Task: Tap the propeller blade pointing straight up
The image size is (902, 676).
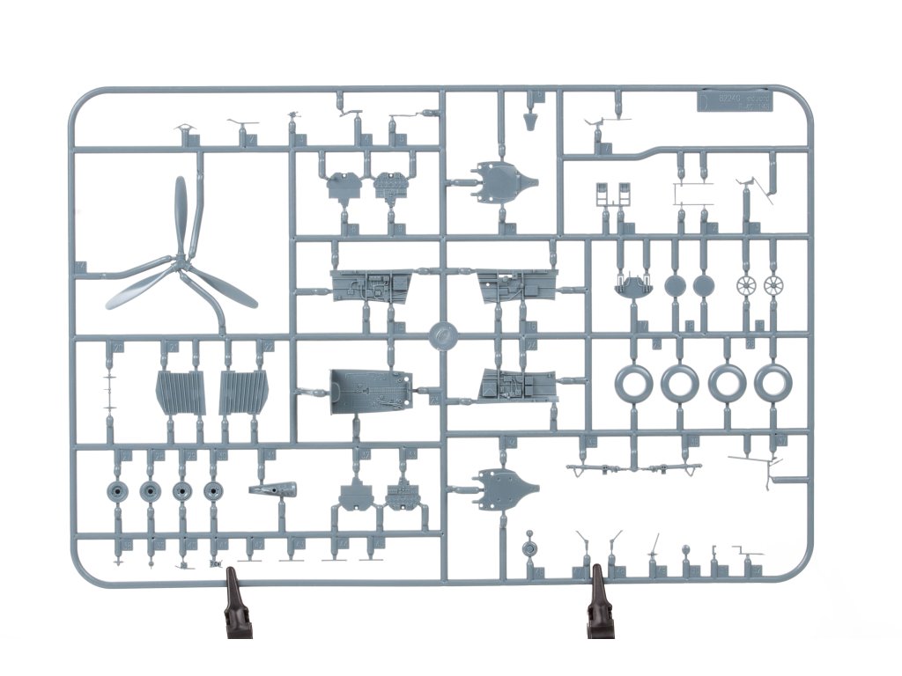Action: coord(181,211)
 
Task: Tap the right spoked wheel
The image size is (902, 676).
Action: coord(774,285)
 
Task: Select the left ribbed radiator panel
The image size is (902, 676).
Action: coord(179,392)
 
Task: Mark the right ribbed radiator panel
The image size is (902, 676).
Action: coord(242,392)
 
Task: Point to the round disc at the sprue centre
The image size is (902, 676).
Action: coord(446,335)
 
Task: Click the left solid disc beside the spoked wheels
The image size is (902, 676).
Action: coord(676,285)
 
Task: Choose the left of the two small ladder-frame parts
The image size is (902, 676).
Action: coord(603,192)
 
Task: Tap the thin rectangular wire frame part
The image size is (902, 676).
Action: coord(691,192)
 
